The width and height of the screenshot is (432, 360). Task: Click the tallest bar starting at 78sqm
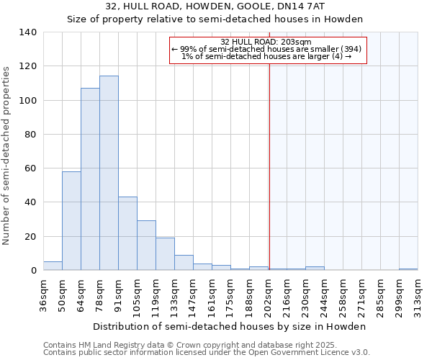(109, 173)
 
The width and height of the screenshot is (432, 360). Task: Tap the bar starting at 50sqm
(71, 220)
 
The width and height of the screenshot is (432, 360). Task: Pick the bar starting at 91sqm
(127, 233)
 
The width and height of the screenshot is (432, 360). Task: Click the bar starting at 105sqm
(146, 245)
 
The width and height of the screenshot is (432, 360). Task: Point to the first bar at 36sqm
(53, 266)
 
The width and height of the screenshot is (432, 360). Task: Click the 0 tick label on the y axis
(33, 271)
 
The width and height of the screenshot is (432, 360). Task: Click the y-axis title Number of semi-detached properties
(7, 155)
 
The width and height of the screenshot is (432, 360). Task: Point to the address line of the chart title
(215, 6)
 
